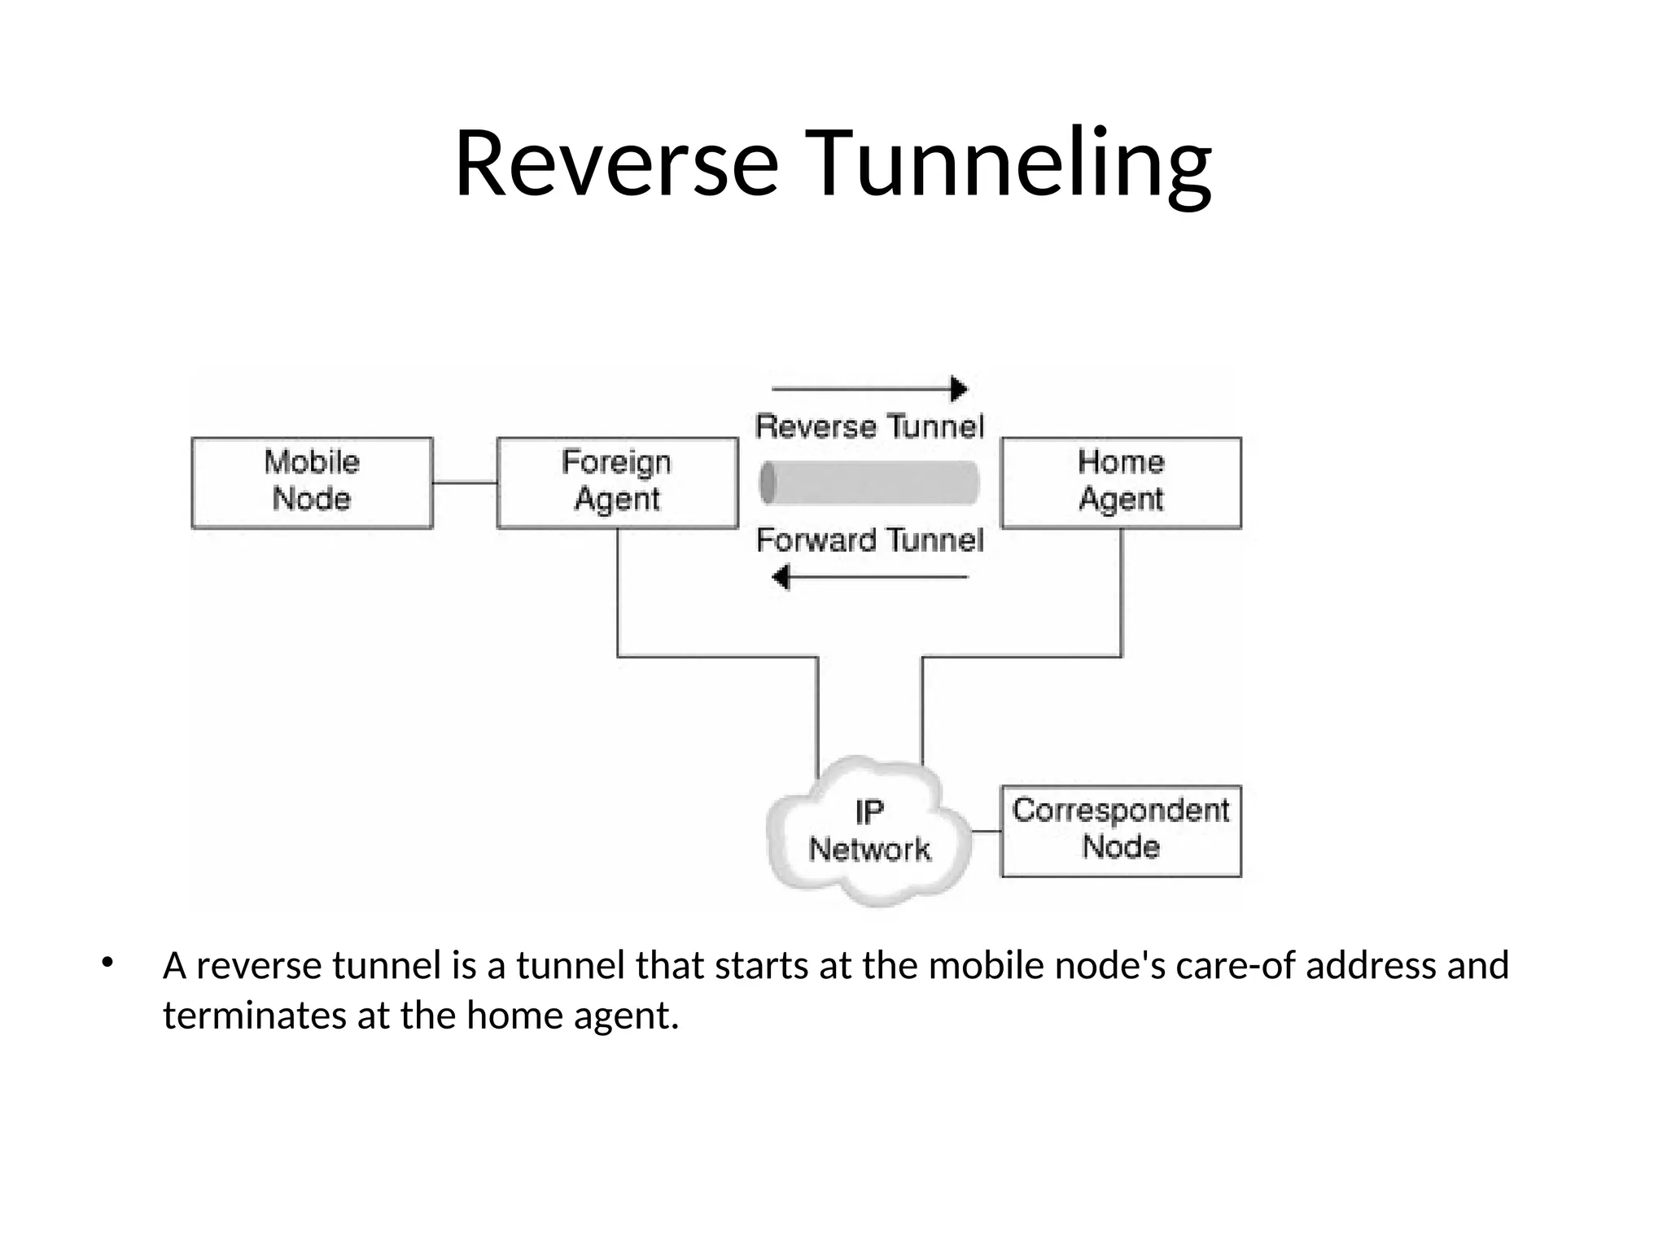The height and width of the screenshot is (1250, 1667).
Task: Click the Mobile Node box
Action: pos(312,483)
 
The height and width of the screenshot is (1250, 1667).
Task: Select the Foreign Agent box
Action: pos(617,483)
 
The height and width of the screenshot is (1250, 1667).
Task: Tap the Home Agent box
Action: pos(1121,483)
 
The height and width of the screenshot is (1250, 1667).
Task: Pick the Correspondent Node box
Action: pos(1121,831)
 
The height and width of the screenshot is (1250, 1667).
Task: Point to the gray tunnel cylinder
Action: pos(869,483)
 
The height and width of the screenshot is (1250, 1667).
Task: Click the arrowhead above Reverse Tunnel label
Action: pos(959,389)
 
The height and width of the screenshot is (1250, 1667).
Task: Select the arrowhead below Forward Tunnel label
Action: pos(781,578)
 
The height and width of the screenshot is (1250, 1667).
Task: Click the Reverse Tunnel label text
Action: pos(869,426)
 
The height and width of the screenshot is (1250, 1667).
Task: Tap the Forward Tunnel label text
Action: pos(869,540)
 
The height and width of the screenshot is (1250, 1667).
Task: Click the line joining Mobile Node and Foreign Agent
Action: pos(465,483)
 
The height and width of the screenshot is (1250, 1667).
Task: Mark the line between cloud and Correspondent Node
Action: pos(987,832)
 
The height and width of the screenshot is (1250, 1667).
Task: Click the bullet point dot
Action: pos(107,964)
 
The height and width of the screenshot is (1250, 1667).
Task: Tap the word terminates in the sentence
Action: pos(255,1016)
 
